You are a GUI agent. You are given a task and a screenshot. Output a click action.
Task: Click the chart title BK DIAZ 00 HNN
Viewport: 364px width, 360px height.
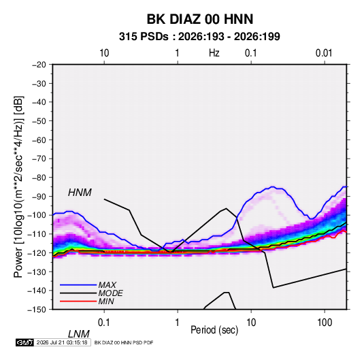tap(200, 19)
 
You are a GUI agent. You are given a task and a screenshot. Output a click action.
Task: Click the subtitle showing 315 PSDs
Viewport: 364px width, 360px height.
tap(199, 37)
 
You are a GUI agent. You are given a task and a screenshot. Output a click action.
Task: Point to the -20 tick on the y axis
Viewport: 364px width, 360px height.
tap(39, 65)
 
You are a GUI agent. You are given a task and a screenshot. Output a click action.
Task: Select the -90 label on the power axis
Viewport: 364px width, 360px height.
tap(39, 197)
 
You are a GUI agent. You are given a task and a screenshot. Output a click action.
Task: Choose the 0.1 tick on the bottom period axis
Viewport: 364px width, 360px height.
tap(104, 323)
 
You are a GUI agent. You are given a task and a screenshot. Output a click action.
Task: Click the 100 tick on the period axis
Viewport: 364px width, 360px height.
tap(325, 323)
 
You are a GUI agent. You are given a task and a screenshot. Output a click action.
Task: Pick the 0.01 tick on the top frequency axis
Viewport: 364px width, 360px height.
tap(324, 53)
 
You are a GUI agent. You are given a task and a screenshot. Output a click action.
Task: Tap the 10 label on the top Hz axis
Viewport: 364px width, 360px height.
tap(104, 53)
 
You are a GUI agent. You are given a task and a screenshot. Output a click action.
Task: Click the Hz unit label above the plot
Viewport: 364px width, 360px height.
tap(214, 53)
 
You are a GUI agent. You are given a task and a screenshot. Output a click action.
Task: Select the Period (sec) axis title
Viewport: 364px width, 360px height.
tap(214, 330)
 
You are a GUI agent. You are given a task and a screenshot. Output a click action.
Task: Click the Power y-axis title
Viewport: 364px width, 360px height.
tap(18, 187)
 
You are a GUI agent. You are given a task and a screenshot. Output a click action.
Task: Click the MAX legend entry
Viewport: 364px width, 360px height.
tap(107, 285)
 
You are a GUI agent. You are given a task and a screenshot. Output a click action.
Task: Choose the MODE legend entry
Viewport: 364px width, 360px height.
tap(110, 293)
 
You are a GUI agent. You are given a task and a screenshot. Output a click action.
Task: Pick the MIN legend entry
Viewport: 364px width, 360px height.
tap(106, 301)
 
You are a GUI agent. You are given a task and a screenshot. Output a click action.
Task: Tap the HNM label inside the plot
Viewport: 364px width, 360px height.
tap(80, 193)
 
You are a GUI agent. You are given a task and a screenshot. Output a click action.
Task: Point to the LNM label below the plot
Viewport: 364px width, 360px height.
tap(79, 334)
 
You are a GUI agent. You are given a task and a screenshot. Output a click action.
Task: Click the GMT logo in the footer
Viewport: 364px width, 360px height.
tap(25, 342)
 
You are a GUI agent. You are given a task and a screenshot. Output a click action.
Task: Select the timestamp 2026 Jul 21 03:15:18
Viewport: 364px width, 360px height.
tap(62, 342)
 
